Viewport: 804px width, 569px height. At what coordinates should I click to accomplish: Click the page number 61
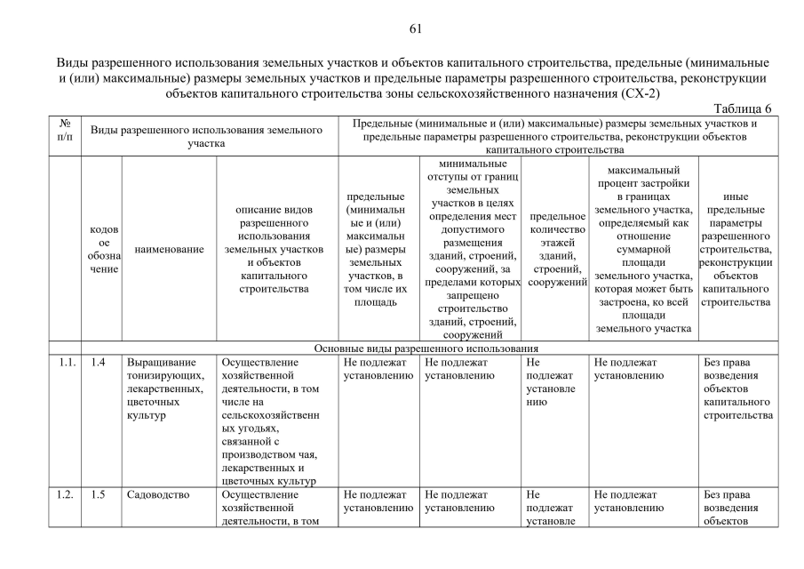point(414,28)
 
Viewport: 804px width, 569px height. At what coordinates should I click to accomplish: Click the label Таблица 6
point(742,108)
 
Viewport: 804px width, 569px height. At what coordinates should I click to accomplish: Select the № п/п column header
point(64,130)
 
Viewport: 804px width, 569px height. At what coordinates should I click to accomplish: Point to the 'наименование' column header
point(169,251)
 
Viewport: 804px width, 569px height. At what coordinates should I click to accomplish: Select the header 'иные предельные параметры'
point(735,251)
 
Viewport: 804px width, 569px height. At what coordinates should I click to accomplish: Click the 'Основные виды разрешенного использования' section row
point(426,348)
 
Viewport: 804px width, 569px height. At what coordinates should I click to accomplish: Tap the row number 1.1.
point(64,362)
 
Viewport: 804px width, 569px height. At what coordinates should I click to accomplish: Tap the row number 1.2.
point(64,495)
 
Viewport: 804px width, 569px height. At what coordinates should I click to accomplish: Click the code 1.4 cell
point(99,362)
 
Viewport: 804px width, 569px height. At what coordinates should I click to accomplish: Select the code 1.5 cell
point(99,495)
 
